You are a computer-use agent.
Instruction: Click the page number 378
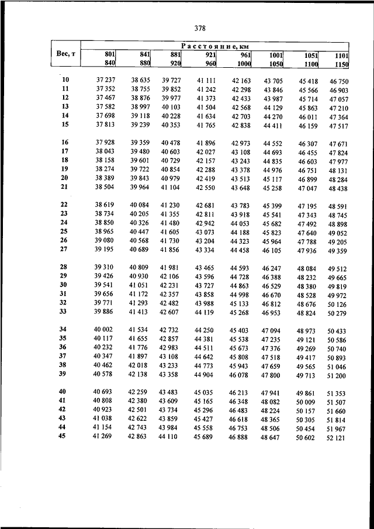tap(196, 27)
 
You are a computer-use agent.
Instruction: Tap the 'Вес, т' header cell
tap(65, 54)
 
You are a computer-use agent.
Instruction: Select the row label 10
tap(65, 79)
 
